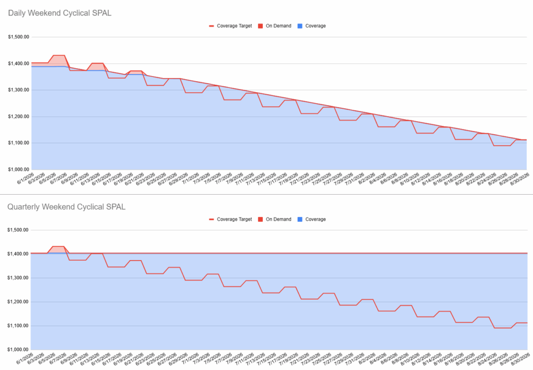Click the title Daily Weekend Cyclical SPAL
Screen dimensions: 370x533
pyautogui.click(x=59, y=13)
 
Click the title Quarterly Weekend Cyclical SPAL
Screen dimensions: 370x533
pyautogui.click(x=66, y=207)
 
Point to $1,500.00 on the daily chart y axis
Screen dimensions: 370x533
pyautogui.click(x=18, y=37)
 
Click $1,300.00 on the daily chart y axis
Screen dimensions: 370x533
pyautogui.click(x=18, y=90)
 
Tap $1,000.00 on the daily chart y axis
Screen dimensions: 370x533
pyautogui.click(x=18, y=169)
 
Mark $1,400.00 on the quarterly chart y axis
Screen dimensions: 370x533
pyautogui.click(x=18, y=254)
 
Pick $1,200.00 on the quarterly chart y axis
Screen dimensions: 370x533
pyautogui.click(x=18, y=302)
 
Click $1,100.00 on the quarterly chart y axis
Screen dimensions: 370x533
pyautogui.click(x=18, y=326)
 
